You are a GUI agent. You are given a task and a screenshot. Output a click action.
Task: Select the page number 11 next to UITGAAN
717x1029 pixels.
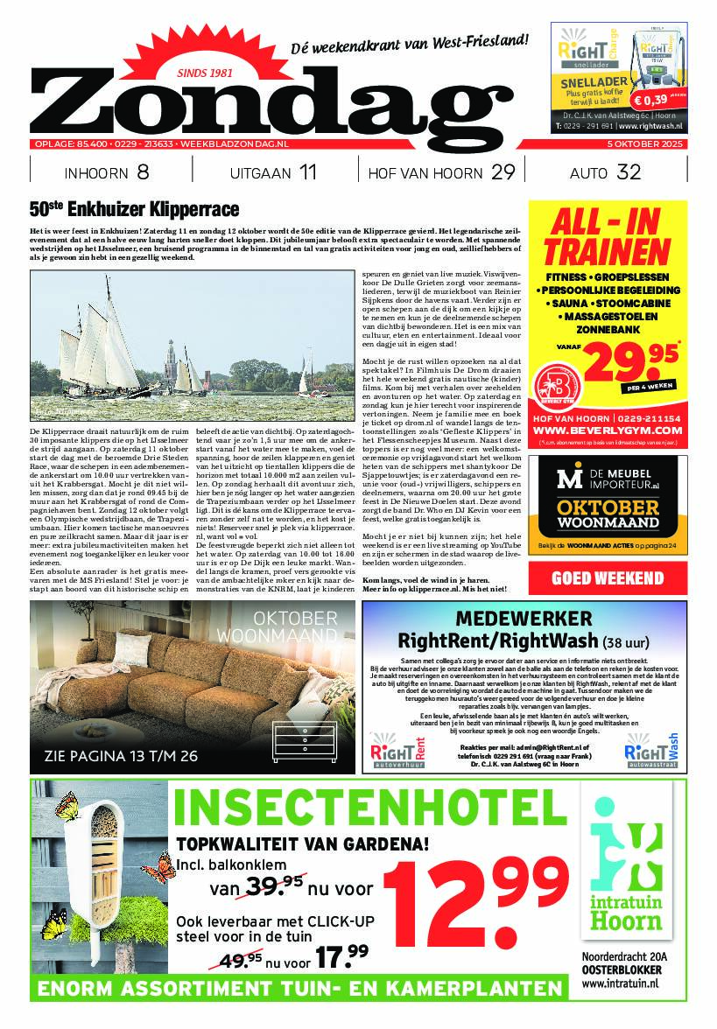pos(307,172)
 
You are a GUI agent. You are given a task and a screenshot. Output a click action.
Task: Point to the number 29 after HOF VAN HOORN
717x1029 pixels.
pos(503,172)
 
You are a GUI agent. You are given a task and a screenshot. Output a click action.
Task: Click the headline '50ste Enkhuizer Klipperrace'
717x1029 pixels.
pos(134,210)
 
